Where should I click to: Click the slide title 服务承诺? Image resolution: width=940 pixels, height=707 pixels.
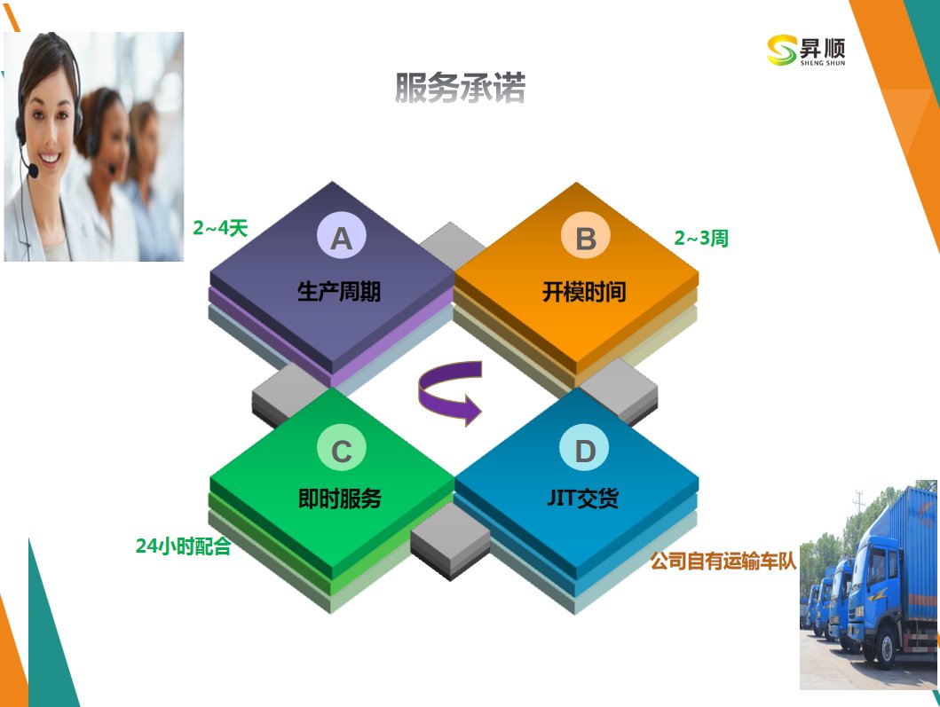461,88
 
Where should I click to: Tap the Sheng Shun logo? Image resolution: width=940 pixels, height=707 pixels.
806,51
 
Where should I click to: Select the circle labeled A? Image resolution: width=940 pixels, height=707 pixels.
341,236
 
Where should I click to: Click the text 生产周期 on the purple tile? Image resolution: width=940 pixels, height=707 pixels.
339,292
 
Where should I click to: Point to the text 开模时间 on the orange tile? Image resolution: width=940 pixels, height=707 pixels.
584,292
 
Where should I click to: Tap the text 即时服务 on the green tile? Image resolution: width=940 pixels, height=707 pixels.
340,498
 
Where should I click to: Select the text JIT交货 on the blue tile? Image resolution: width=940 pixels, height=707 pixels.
582,498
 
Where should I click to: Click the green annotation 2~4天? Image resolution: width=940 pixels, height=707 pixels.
220,228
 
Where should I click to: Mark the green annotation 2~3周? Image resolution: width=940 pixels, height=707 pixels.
701,238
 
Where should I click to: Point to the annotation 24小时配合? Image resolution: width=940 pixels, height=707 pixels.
184,546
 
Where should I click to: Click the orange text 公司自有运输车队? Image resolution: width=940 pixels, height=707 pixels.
723,562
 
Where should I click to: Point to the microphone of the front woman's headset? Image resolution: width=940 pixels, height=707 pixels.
33,171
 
